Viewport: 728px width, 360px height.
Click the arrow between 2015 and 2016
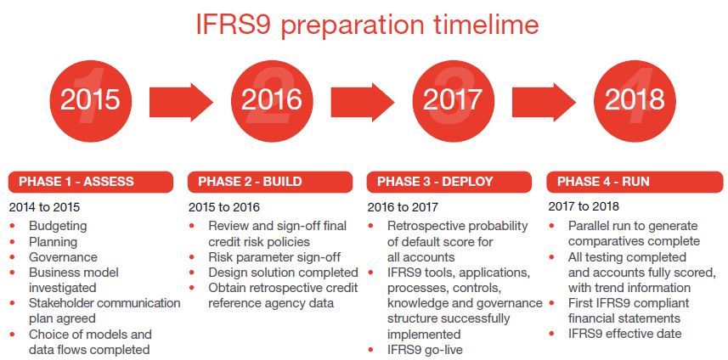181,101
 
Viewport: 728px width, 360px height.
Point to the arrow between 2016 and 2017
363,101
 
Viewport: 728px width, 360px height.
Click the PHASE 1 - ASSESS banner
91,182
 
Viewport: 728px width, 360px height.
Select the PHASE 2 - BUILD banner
270,182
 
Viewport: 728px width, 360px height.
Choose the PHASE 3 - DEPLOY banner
449,182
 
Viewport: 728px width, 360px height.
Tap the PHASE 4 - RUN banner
635,182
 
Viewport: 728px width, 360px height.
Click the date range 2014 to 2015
44,207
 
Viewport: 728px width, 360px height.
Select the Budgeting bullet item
58,226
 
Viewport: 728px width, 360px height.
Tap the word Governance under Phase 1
63,257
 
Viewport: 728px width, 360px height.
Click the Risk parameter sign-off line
274,256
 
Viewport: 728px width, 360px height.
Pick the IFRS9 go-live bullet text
425,349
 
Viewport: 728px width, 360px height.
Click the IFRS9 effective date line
624,333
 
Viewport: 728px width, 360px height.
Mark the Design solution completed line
283,272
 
